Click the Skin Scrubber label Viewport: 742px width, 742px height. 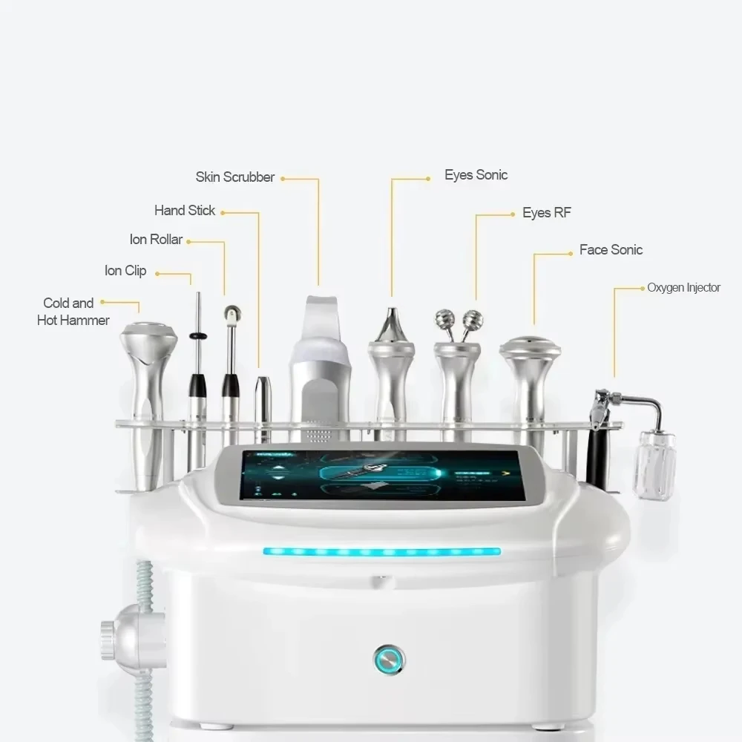click(x=234, y=177)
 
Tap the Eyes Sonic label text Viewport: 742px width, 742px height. click(x=476, y=175)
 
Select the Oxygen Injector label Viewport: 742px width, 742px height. click(x=683, y=288)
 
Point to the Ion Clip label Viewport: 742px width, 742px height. click(x=125, y=271)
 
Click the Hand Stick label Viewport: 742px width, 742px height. click(x=184, y=211)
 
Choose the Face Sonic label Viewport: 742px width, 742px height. click(x=611, y=250)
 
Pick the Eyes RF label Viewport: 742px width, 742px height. click(x=546, y=213)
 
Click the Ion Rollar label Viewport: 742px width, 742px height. click(x=155, y=240)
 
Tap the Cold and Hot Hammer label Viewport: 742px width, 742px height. click(x=73, y=312)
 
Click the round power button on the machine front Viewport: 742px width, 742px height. click(x=389, y=657)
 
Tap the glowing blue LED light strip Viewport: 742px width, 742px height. click(x=381, y=552)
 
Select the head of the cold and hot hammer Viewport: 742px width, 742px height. click(x=148, y=338)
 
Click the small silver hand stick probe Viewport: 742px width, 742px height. click(x=263, y=401)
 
